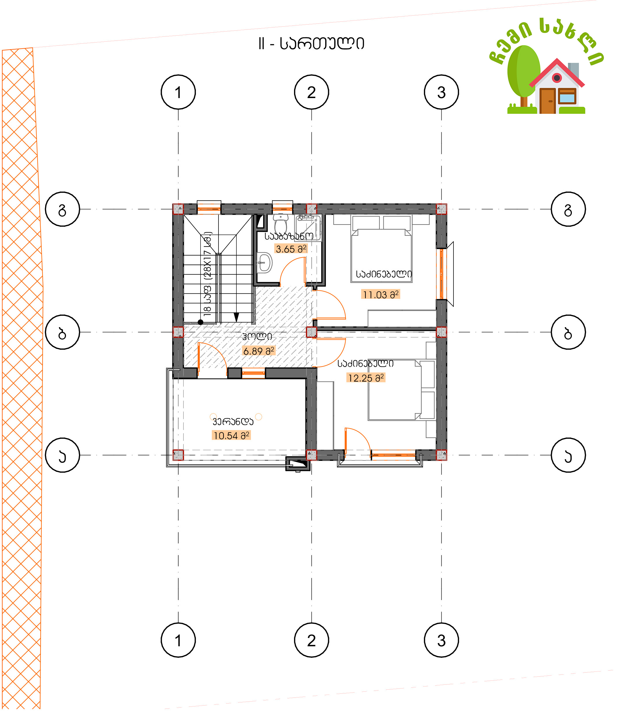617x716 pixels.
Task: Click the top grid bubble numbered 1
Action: (178, 92)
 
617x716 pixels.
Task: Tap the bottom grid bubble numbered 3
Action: (441, 640)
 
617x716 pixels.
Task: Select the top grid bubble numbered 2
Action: (311, 92)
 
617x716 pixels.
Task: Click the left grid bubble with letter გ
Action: (63, 209)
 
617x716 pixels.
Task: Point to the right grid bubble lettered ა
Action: (568, 455)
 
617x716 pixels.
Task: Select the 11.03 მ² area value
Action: (381, 295)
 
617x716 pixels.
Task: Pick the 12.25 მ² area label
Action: (366, 378)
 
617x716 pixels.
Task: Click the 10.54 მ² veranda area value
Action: (231, 435)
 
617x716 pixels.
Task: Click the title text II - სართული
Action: (311, 44)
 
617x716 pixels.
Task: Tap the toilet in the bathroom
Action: (281, 224)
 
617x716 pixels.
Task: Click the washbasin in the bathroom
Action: (265, 263)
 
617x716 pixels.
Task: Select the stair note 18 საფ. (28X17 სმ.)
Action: (207, 274)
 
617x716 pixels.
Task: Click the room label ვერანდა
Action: (233, 421)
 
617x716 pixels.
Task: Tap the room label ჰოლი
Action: (257, 336)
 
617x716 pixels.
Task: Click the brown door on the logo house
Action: (548, 101)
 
